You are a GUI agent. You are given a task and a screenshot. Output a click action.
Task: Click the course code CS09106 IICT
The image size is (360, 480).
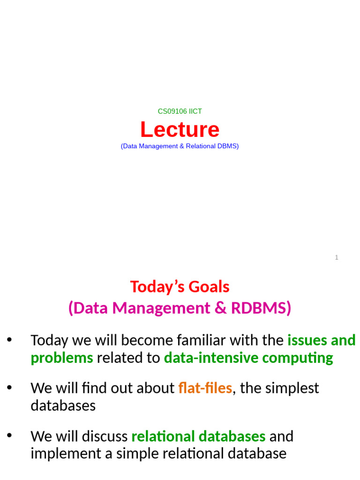180,112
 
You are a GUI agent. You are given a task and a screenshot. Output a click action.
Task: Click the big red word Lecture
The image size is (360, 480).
180,130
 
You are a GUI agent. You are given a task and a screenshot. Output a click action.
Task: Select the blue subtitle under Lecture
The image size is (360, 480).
180,146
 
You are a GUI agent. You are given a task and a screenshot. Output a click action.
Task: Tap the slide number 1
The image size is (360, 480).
337,257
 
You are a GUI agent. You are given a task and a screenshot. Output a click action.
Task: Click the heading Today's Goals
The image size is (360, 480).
180,286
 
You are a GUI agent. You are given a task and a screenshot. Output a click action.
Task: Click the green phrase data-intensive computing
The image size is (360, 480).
248,358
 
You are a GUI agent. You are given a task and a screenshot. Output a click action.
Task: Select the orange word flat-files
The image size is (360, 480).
205,388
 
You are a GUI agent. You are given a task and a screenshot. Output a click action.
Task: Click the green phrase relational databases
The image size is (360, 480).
198,436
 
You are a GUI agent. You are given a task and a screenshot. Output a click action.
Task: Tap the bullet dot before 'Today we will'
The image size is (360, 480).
9,339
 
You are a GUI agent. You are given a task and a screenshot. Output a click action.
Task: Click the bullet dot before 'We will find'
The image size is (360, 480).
9,387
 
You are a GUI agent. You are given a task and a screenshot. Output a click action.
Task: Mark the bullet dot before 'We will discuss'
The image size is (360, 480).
9,435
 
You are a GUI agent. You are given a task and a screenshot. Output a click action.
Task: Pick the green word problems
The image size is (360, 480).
62,358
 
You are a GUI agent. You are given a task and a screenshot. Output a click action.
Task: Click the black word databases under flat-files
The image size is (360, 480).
63,405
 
